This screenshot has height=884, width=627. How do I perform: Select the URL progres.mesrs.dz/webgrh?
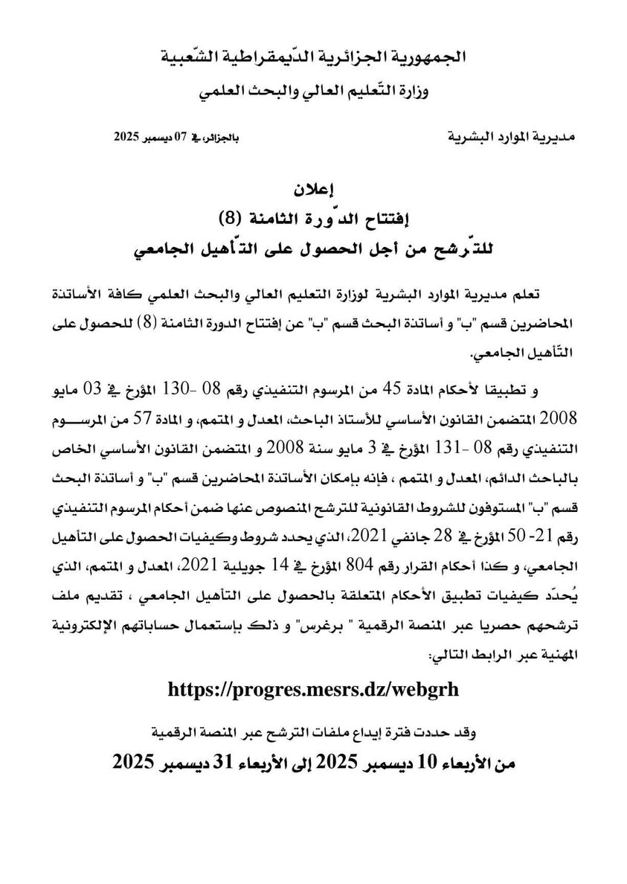tap(313, 689)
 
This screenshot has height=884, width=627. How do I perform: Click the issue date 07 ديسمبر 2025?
tap(152, 138)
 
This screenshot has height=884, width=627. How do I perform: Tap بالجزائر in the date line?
tap(215, 138)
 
